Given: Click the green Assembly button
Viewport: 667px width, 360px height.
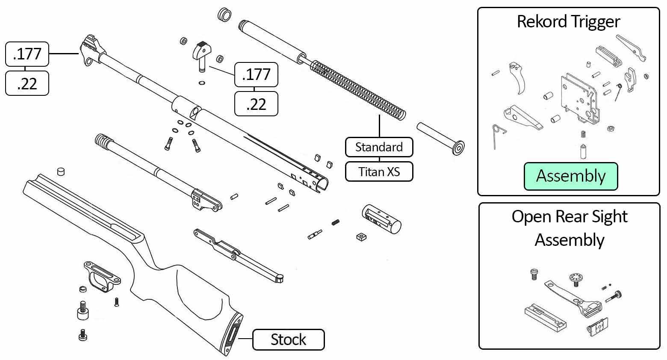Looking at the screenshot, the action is click(571, 176).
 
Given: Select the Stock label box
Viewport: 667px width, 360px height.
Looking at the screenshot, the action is click(288, 339).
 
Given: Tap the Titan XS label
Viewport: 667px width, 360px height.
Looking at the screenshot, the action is click(379, 171).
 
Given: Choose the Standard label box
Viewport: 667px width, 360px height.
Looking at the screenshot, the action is click(379, 147).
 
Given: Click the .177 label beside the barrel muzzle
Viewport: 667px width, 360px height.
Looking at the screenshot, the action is click(27, 54).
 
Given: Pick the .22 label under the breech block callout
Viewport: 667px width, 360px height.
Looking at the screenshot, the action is click(256, 104).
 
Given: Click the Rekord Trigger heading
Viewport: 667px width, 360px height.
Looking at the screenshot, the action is click(568, 22).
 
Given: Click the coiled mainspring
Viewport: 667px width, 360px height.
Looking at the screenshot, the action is click(358, 89).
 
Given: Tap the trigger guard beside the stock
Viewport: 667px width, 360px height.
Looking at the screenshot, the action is click(101, 275).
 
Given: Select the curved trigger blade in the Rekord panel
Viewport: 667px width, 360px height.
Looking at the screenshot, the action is click(517, 78).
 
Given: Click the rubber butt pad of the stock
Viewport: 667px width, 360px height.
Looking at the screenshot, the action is click(233, 334).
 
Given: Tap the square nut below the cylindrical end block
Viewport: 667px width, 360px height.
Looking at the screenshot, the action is click(361, 237).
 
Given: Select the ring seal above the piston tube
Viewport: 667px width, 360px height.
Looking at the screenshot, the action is click(224, 15).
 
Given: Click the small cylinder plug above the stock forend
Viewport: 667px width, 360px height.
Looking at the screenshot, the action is click(61, 171).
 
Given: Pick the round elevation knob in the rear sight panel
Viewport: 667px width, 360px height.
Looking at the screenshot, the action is click(576, 278).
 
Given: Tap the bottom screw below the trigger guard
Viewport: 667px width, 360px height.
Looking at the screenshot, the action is click(83, 335).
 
